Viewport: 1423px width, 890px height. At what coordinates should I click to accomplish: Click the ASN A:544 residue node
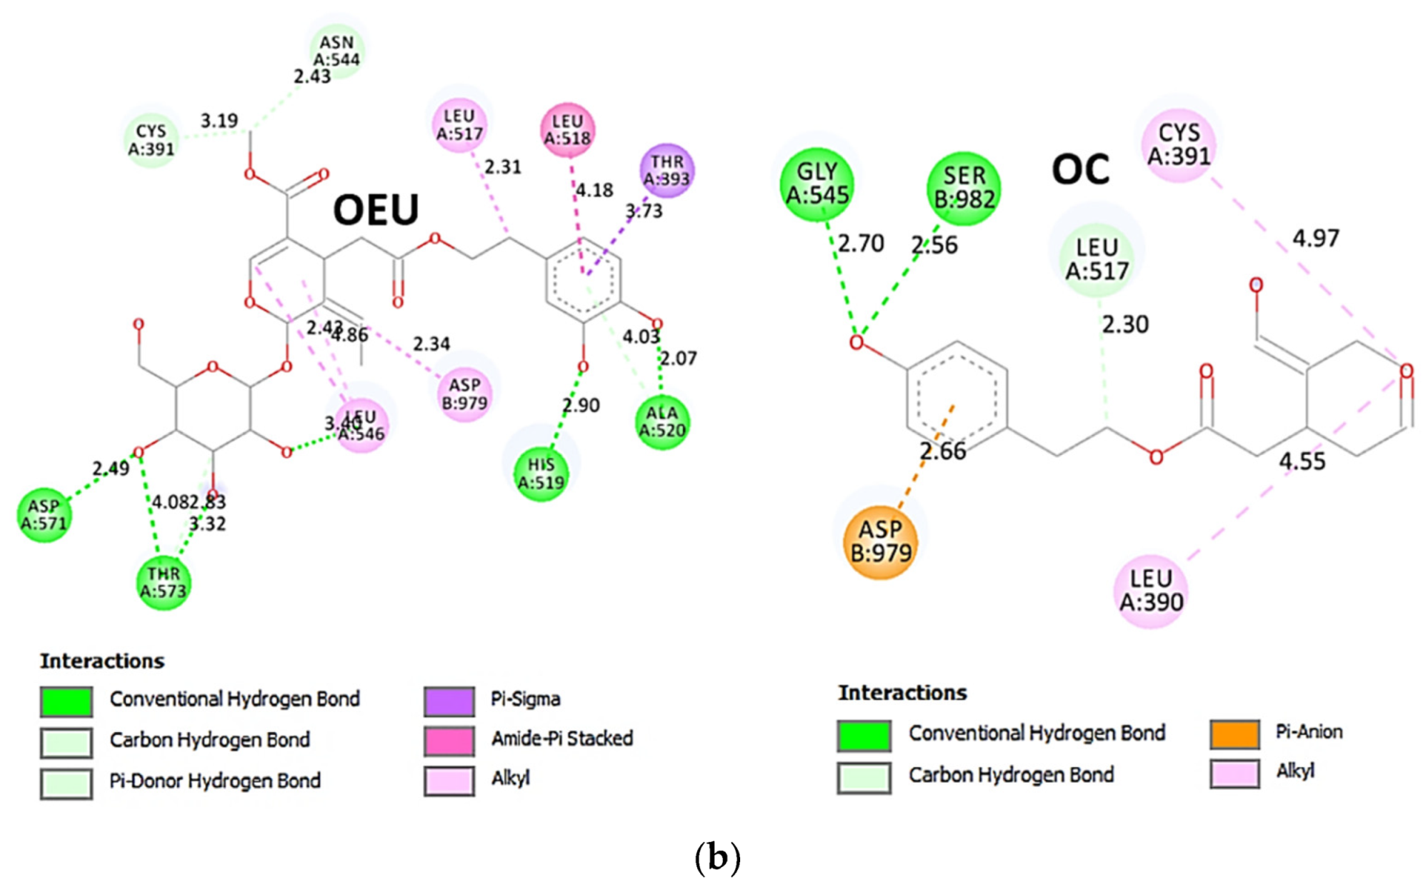[x=336, y=51]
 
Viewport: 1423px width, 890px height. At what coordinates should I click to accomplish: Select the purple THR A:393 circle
[x=666, y=171]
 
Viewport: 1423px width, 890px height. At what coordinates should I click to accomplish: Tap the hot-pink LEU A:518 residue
[x=567, y=129]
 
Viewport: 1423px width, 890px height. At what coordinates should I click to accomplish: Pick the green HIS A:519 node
[x=541, y=474]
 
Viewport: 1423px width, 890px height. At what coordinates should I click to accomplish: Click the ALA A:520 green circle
[x=661, y=421]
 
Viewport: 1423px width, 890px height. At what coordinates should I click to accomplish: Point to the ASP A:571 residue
[x=44, y=514]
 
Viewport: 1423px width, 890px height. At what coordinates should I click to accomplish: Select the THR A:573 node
[x=164, y=582]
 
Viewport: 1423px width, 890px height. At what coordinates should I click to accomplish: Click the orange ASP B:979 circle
[x=880, y=541]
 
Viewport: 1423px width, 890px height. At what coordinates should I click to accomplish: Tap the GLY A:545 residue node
[x=817, y=184]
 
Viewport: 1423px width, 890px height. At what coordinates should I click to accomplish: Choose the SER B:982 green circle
[x=963, y=188]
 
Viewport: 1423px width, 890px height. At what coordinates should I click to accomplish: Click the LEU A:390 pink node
[x=1150, y=591]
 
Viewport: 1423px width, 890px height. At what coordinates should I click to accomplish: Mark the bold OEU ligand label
[x=376, y=211]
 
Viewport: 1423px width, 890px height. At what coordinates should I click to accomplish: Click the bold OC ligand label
[x=1080, y=171]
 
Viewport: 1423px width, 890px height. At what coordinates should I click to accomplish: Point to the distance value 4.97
[x=1315, y=238]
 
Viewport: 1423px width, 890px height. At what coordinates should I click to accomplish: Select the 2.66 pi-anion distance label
[x=942, y=451]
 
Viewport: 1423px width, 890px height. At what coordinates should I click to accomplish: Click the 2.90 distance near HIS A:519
[x=581, y=405]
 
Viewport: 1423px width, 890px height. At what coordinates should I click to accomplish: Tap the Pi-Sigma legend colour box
[x=449, y=701]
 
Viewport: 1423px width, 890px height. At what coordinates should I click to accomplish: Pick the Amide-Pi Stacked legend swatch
[x=449, y=741]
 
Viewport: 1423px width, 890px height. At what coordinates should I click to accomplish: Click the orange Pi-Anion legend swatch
[x=1234, y=734]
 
